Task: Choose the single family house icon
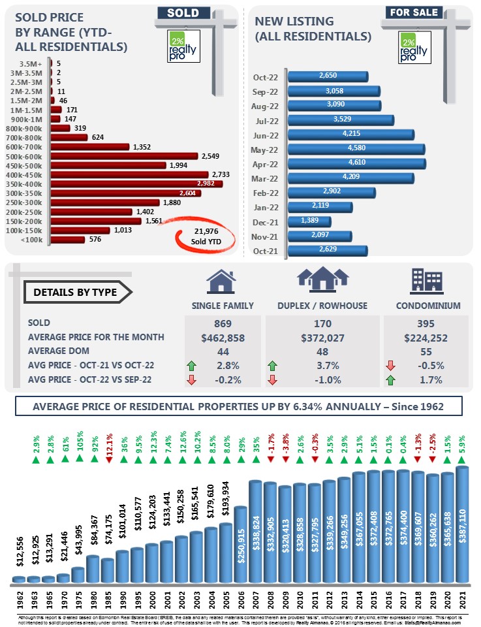point(221,281)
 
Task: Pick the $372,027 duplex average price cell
point(322,337)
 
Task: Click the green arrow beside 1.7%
point(389,379)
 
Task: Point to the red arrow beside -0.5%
point(389,365)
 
